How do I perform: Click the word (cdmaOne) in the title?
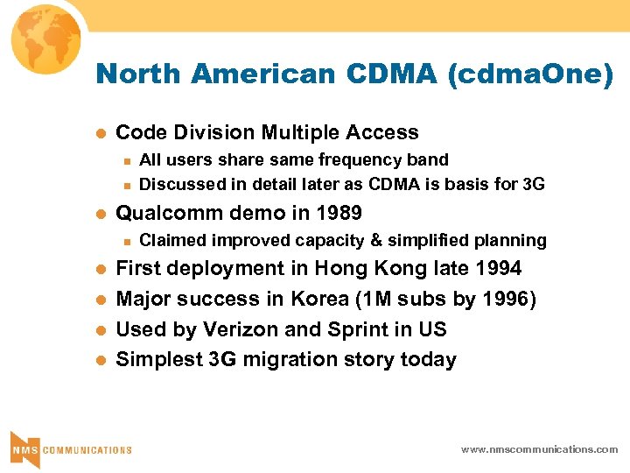[x=530, y=74]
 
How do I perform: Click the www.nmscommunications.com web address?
[x=539, y=449]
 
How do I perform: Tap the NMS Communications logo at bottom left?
[x=70, y=448]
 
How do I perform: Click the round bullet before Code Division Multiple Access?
[x=99, y=134]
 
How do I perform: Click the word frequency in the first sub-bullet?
[x=333, y=159]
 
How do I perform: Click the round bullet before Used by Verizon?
[x=99, y=330]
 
